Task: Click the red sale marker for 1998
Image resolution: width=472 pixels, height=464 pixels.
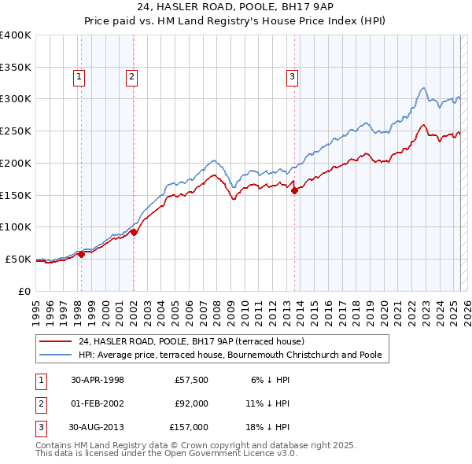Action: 82,254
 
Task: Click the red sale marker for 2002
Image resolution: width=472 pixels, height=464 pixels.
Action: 134,232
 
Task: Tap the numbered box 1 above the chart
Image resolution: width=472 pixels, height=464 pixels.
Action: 81,77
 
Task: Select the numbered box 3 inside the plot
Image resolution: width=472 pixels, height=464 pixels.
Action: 292,77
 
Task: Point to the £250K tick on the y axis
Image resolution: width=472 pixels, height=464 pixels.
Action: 17,131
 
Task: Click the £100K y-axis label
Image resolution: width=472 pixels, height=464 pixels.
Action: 16,226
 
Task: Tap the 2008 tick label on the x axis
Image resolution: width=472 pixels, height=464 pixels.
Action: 216,308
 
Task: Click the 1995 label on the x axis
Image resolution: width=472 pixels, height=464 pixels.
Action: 36,308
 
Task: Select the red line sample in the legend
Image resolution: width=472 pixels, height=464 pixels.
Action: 55,341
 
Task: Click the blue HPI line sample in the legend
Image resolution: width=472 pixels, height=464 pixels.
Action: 55,355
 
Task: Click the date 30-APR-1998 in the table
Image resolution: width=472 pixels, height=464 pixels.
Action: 98,380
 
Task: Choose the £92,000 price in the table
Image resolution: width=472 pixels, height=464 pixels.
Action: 191,403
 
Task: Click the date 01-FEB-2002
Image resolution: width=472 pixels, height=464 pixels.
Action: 98,403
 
